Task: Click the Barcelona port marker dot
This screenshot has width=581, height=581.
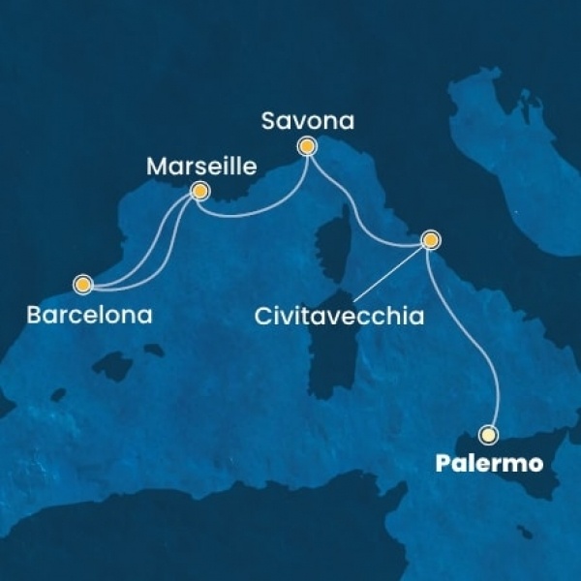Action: [x=83, y=285]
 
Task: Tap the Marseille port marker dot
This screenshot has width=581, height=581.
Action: [x=199, y=191]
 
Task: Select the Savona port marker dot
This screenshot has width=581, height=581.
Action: [x=307, y=147]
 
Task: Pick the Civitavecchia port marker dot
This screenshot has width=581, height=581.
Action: [x=431, y=238]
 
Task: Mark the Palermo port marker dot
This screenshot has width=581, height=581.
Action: [x=490, y=434]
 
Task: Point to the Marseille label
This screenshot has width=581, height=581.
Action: [x=200, y=167]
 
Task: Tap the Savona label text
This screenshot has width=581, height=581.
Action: [x=308, y=122]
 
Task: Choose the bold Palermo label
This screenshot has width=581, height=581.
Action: [x=497, y=466]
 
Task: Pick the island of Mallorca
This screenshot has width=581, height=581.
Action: [x=114, y=366]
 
